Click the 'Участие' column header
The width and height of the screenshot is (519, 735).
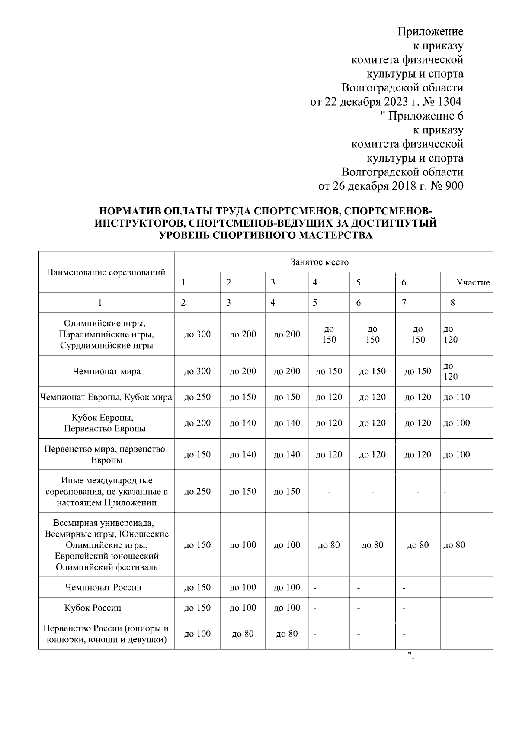pyautogui.click(x=473, y=283)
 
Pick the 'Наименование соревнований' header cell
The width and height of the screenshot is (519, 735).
pyautogui.click(x=106, y=272)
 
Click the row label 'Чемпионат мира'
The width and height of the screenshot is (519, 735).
pyautogui.click(x=106, y=371)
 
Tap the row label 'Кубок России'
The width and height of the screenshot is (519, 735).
pyautogui.click(x=93, y=608)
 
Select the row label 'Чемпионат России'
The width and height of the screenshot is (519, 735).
pyautogui.click(x=103, y=587)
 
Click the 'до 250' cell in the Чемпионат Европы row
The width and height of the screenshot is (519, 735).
pyautogui.click(x=197, y=397)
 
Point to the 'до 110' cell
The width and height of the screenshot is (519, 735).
pyautogui.click(x=456, y=397)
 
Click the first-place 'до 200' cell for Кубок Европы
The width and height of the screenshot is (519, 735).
pyautogui.click(x=197, y=423)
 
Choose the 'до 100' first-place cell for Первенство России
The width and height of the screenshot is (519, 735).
pyautogui.click(x=197, y=634)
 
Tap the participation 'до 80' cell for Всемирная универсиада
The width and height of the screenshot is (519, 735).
pyautogui.click(x=454, y=545)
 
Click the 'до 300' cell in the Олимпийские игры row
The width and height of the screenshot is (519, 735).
pyautogui.click(x=197, y=334)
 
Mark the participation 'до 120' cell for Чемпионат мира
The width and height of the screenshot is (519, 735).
pyautogui.click(x=450, y=371)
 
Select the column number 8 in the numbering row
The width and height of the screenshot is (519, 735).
pyautogui.click(x=452, y=303)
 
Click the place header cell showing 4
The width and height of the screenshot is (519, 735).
pyautogui.click(x=315, y=283)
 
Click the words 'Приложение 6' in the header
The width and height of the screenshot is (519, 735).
pyautogui.click(x=426, y=116)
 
